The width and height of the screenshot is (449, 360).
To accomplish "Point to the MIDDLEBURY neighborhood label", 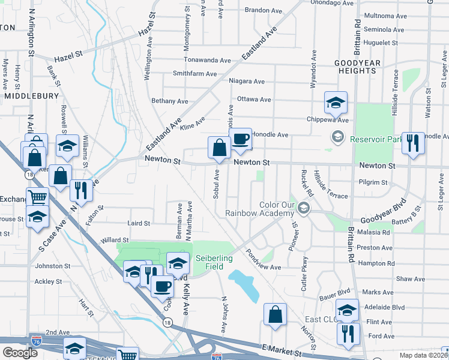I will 31,95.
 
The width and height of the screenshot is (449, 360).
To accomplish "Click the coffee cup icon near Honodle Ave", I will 241,140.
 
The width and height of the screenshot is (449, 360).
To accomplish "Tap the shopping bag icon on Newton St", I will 219,148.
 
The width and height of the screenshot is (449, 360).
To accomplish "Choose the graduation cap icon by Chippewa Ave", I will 336,103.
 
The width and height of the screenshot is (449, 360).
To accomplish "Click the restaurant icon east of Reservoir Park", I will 412,143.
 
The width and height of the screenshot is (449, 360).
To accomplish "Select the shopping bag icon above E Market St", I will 275,314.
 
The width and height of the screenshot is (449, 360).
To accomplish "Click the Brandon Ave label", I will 263,10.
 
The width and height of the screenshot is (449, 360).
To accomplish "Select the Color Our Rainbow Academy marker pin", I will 304,208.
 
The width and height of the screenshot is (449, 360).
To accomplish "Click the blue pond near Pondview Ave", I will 244,283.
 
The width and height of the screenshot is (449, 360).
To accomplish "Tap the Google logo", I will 20,353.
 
